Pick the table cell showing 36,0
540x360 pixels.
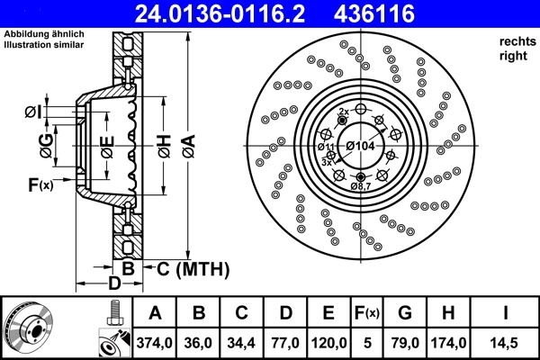coord(200,343)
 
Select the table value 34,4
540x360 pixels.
coord(243,343)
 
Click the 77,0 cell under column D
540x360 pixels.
coord(286,343)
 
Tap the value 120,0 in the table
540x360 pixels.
coord(329,343)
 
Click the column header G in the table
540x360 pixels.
coord(404,313)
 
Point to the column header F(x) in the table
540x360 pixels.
coord(366,313)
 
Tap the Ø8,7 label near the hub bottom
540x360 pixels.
coord(361,185)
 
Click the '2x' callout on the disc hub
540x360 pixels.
coord(343,111)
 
